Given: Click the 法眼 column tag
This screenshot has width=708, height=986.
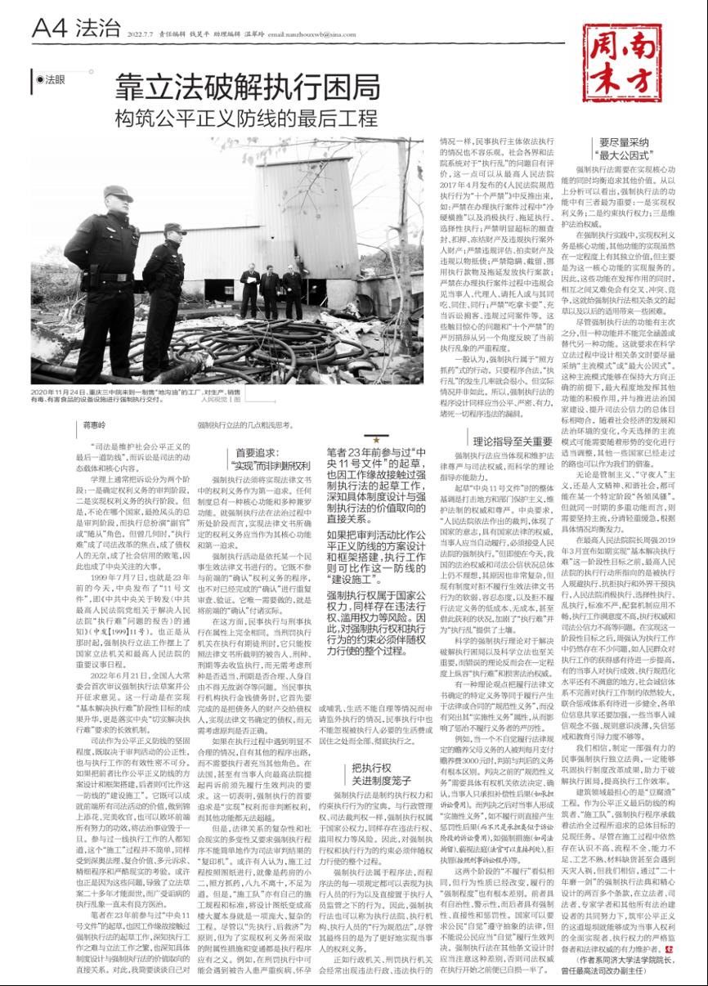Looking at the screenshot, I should (x=51, y=79).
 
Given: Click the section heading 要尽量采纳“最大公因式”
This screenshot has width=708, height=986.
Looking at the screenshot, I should (x=625, y=147).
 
